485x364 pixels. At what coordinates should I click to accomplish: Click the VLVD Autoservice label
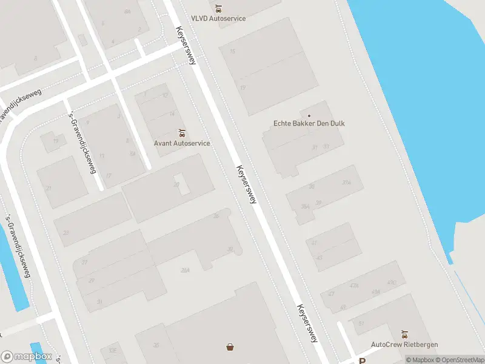218,18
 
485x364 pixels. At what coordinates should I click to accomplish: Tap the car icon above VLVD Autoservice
218,8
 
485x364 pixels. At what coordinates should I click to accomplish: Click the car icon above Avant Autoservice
181,133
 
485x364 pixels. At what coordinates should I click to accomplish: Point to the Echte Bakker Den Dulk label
309,124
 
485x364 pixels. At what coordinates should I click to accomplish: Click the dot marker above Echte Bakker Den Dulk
309,115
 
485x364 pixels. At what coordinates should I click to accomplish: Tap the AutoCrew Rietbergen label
404,345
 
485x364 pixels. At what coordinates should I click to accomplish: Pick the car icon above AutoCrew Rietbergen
404,334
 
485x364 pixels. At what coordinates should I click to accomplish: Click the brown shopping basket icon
230,347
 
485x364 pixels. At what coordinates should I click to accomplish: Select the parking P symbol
363,360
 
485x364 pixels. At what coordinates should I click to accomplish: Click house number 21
48,188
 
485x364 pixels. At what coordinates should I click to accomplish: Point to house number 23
65,233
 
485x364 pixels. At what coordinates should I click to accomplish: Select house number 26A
185,271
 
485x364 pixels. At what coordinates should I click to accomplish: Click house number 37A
346,182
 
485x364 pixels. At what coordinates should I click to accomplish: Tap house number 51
361,323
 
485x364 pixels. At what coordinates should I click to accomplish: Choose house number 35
156,345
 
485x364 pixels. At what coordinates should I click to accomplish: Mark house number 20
177,184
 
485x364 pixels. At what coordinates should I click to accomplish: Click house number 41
314,243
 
